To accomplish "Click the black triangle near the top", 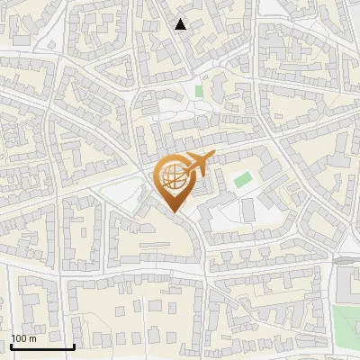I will pyautogui.click(x=181, y=24).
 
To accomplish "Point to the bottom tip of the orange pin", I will pyautogui.click(x=175, y=211).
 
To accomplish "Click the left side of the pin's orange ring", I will pyautogui.click(x=157, y=176).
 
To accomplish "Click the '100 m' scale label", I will pyautogui.click(x=23, y=338).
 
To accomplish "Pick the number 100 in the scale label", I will pyautogui.click(x=19, y=338).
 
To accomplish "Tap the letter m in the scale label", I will pyautogui.click(x=32, y=338).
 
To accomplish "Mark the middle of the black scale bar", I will pyautogui.click(x=42, y=346).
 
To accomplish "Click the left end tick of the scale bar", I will pyautogui.click(x=12, y=344).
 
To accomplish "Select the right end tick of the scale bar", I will pyautogui.click(x=74, y=344).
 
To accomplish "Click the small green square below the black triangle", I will pyautogui.click(x=199, y=91).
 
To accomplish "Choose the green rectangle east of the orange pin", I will pyautogui.click(x=241, y=179).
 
